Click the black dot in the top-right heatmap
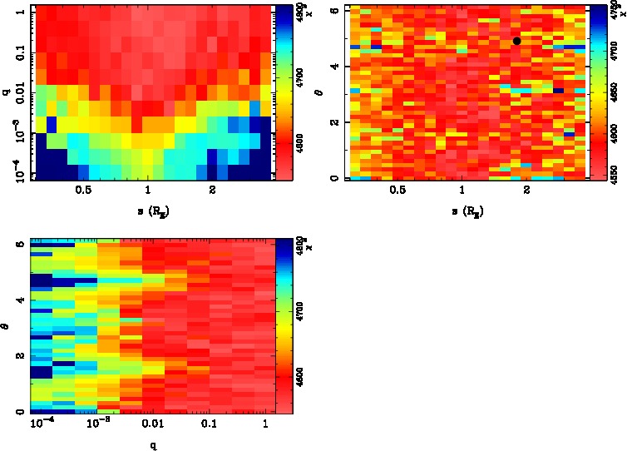[x=516, y=40]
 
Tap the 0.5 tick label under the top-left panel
[x=83, y=190]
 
